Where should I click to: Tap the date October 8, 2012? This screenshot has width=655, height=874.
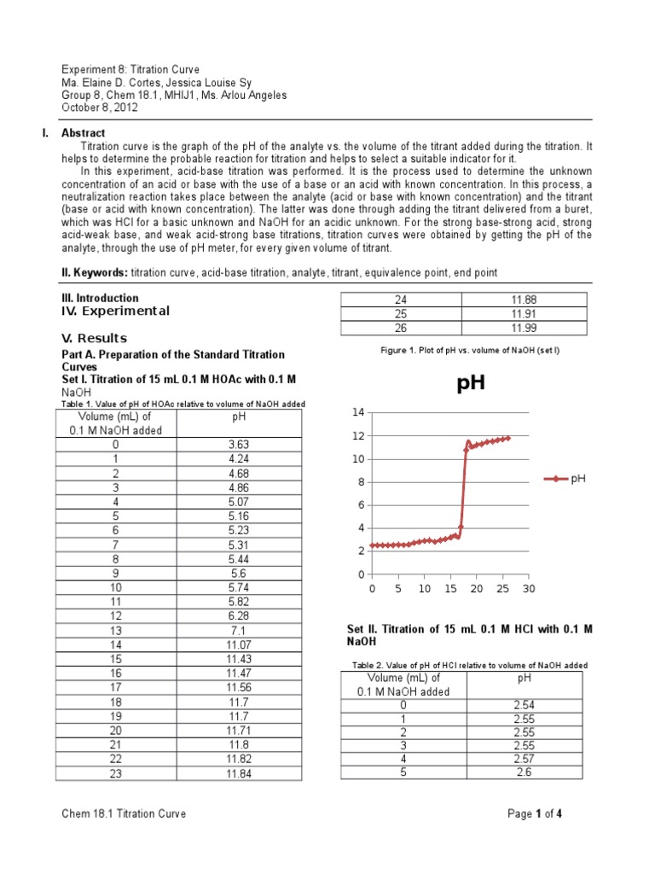(100, 108)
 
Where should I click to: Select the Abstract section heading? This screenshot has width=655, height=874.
(84, 133)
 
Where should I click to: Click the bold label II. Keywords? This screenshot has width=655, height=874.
(94, 271)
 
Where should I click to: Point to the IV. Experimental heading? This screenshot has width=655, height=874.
(115, 311)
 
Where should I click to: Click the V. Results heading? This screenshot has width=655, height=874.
(95, 338)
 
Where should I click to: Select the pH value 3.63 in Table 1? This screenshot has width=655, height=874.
(238, 445)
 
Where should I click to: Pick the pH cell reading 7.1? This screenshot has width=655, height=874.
(238, 630)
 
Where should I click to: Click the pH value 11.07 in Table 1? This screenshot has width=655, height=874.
(238, 644)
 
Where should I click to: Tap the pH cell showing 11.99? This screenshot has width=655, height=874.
(523, 328)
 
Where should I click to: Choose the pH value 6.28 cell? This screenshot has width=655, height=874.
(238, 615)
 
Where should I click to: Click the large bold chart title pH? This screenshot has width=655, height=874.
(471, 383)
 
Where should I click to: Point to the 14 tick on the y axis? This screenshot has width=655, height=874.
(358, 412)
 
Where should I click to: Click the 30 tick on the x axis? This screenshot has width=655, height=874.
(529, 589)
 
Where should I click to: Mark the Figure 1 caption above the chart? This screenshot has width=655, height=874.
(463, 351)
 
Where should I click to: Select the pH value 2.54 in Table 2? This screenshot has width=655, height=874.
(524, 705)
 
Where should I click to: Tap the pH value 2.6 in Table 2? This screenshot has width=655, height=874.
(524, 772)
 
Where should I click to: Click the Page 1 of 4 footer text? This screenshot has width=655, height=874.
(534, 814)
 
